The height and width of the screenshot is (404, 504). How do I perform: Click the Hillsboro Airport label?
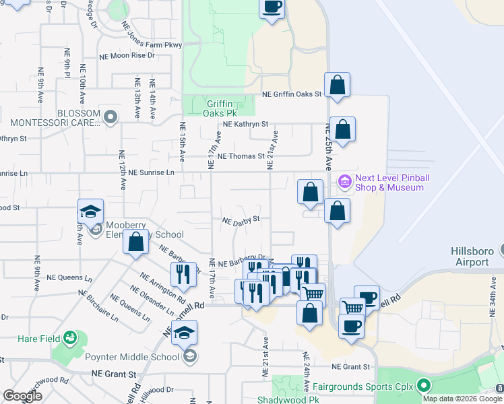click(x=470, y=256)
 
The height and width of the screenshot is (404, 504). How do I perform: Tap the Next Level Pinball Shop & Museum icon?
click(x=345, y=182)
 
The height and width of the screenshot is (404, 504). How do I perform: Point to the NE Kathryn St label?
click(x=245, y=125)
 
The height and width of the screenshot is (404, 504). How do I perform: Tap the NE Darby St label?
click(x=241, y=219)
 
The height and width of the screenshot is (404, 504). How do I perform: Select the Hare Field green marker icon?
click(x=69, y=337)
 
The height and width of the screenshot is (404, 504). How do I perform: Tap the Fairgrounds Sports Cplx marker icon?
click(x=424, y=386)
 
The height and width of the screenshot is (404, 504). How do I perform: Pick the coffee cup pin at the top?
click(x=272, y=8)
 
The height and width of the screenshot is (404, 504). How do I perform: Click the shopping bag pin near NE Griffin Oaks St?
click(x=337, y=86)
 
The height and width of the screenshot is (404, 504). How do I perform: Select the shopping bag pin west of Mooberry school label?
click(x=136, y=242)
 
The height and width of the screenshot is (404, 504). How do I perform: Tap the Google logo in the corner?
click(x=22, y=396)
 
